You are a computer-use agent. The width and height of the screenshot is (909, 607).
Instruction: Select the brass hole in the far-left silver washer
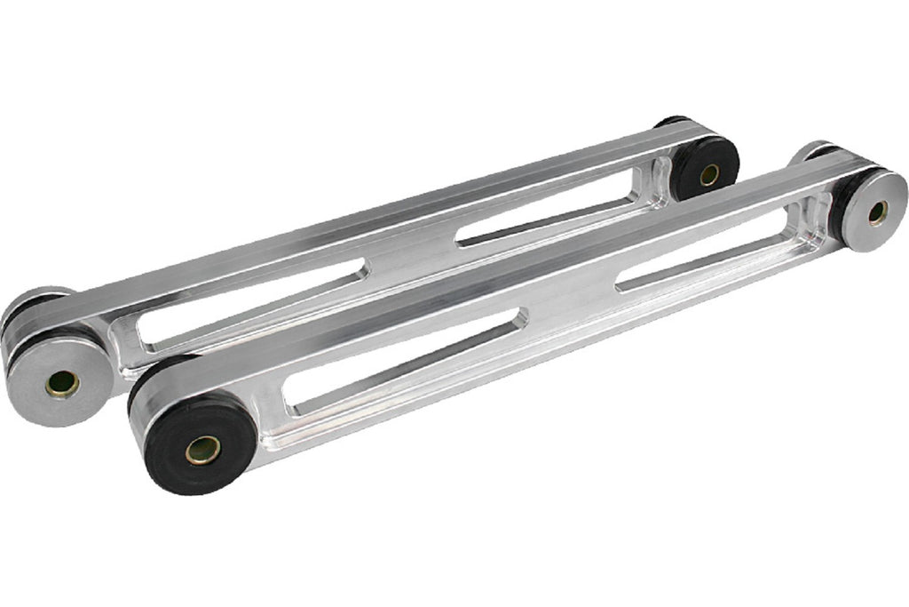[x=62, y=383]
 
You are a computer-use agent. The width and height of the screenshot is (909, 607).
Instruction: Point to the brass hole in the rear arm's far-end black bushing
[x=709, y=175]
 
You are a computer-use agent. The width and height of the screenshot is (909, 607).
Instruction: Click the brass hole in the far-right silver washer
[x=877, y=212]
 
